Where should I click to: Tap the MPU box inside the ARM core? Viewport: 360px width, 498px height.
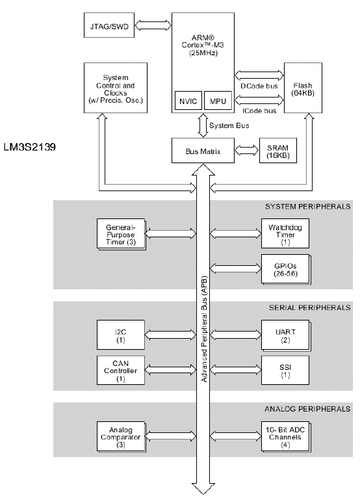[215, 102]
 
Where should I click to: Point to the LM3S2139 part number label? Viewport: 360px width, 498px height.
[30, 147]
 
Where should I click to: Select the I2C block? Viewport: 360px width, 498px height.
[120, 335]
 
